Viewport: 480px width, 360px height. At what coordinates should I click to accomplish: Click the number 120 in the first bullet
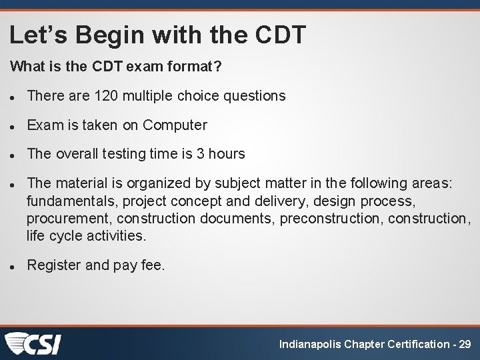pyautogui.click(x=105, y=96)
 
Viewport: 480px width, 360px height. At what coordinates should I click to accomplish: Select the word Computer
pyautogui.click(x=175, y=125)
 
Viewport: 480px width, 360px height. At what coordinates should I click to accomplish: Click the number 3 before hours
pyautogui.click(x=200, y=154)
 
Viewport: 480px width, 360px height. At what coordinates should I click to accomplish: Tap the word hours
pyautogui.click(x=227, y=154)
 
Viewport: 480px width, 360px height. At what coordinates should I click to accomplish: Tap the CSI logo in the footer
pyautogui.click(x=33, y=343)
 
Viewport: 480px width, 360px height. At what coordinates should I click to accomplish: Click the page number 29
pyautogui.click(x=465, y=344)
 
